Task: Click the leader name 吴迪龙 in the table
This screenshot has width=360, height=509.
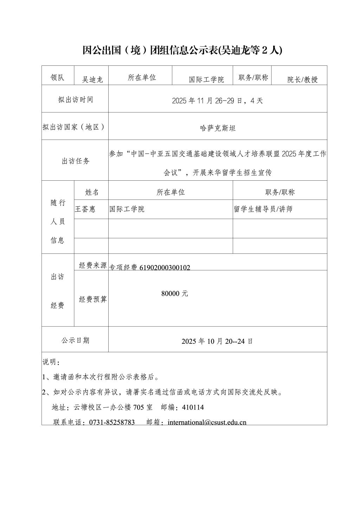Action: [92, 79]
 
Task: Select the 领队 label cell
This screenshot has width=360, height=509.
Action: [58, 78]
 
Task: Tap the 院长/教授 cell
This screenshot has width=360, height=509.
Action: [302, 79]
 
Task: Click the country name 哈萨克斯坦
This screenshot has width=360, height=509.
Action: [218, 128]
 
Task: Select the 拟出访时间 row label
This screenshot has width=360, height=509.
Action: [76, 99]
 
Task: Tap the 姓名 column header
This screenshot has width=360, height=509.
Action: [92, 192]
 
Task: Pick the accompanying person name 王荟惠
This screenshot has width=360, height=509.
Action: [85, 209]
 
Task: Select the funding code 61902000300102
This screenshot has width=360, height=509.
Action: [165, 268]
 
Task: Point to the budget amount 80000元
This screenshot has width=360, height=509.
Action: [175, 294]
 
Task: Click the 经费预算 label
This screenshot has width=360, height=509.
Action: [93, 299]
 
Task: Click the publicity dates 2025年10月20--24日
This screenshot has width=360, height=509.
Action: [217, 341]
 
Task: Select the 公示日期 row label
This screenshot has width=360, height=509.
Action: [75, 340]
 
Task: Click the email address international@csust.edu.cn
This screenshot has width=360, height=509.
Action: [207, 422]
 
